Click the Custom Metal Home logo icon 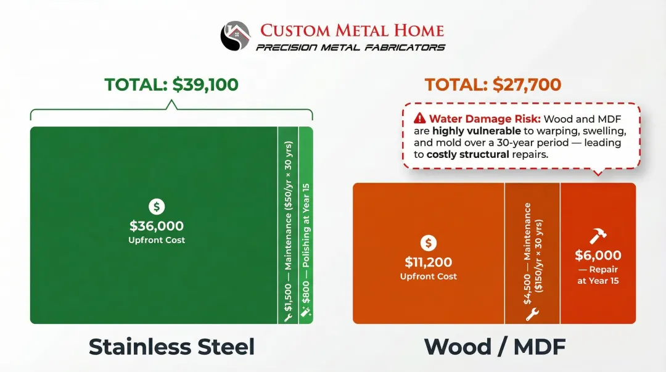[236, 36]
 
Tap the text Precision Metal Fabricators [350, 48]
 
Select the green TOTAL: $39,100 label [171, 85]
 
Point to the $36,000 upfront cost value [157, 226]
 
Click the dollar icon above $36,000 [157, 207]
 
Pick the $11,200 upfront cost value [429, 262]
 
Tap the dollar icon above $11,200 [429, 242]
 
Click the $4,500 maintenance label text [532, 253]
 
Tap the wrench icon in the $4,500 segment [532, 313]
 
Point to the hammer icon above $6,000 [598, 236]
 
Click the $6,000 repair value [598, 255]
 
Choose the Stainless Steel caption [171, 347]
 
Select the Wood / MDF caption [495, 347]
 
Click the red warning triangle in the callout [420, 118]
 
